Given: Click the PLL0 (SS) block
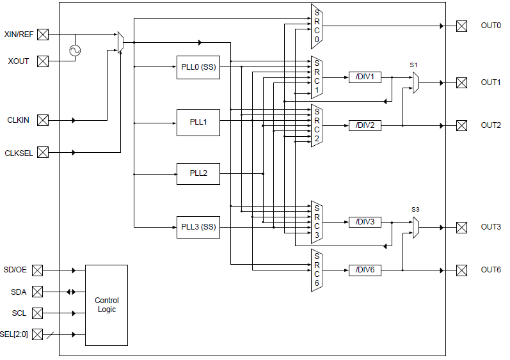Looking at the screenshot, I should [198, 67].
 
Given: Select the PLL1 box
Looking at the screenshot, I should [198, 121].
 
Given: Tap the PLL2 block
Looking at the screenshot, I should [198, 173].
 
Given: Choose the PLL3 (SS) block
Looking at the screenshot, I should [198, 227].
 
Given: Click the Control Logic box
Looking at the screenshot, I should [106, 305].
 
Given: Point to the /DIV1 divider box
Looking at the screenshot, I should [365, 77].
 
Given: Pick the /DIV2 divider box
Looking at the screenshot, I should [365, 125].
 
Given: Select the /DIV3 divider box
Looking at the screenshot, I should [365, 222].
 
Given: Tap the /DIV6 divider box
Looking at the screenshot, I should [365, 270].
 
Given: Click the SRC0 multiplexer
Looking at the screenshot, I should [316, 26].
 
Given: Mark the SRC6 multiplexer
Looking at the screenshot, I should [316, 270].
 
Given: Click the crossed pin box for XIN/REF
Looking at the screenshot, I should [43, 34].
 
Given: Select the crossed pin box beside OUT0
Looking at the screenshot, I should [461, 26].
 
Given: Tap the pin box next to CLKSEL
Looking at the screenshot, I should [43, 153].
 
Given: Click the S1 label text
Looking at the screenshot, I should [414, 65].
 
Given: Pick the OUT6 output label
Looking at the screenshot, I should [491, 270].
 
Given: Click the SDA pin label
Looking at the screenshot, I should [19, 292].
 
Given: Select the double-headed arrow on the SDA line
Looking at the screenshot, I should [71, 292].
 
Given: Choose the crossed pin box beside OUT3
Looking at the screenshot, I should [461, 227].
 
